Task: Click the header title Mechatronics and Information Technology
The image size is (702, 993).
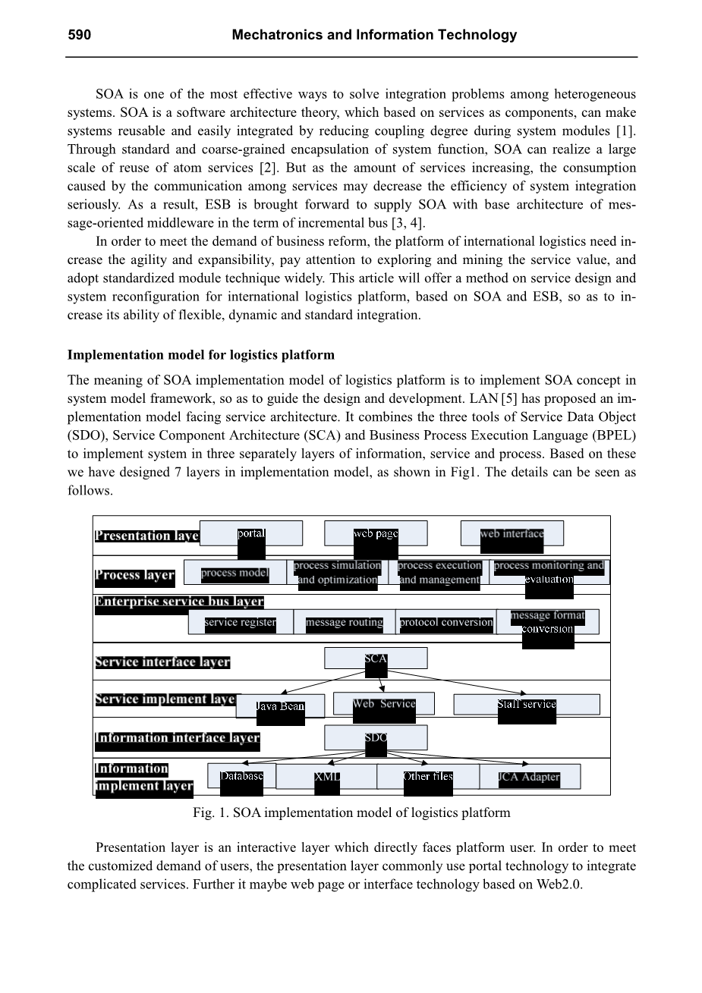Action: [374, 35]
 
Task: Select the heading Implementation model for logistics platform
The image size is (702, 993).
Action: [201, 355]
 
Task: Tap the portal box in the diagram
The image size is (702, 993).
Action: [251, 533]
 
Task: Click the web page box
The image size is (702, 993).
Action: [376, 533]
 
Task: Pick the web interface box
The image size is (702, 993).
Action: [512, 533]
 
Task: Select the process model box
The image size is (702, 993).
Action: [235, 573]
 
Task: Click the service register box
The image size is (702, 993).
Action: [241, 623]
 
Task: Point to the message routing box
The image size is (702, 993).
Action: [345, 623]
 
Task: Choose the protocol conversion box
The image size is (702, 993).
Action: [446, 623]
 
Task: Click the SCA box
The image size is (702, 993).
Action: [376, 658]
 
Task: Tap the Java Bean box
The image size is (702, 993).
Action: [280, 706]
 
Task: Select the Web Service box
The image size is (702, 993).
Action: [384, 704]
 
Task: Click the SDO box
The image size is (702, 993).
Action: [376, 737]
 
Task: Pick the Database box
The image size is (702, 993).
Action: [241, 777]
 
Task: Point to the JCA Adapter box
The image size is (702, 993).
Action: [530, 777]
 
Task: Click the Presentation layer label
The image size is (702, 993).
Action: [147, 536]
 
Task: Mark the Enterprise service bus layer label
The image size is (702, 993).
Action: [179, 602]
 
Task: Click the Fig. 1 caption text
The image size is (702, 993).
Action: [351, 813]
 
